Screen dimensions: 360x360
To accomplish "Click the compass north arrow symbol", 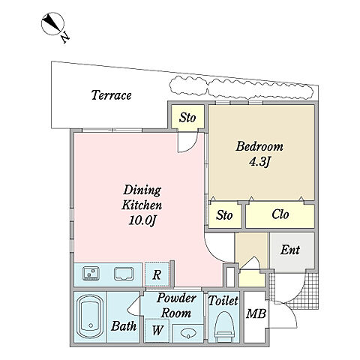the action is click(52, 24).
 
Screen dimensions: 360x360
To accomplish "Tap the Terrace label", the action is click(111, 95).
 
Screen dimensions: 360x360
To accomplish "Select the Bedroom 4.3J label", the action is click(259, 154).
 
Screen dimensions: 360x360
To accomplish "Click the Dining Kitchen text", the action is click(142, 198).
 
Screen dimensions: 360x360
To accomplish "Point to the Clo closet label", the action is click(280, 214).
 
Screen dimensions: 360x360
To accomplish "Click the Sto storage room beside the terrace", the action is click(187, 118).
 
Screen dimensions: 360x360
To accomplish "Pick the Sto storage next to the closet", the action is click(224, 215).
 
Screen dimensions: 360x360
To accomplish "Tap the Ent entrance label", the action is click(290, 250).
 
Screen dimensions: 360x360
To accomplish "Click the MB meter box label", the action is click(256, 313).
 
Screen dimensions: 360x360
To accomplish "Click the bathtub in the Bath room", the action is click(91, 316).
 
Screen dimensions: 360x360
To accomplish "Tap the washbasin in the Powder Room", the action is click(188, 333).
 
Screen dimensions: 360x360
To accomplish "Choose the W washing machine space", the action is click(157, 331).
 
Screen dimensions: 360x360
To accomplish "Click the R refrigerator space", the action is click(157, 274).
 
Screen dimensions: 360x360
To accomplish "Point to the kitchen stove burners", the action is click(91, 273).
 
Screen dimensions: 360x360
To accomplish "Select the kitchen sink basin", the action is click(124, 274).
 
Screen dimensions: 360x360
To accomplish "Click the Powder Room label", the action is click(176, 305).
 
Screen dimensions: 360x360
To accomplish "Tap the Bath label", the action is click(124, 326).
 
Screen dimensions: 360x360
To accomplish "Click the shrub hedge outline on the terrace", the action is click(241, 88).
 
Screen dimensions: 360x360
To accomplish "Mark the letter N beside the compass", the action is click(65, 37).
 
